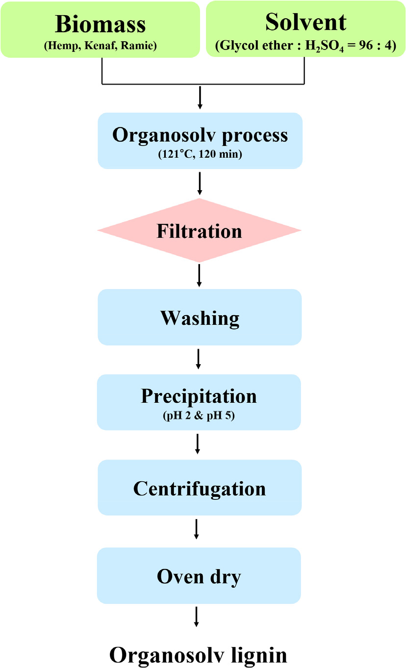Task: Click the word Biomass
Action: [x=100, y=23]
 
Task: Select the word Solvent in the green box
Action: [x=305, y=22]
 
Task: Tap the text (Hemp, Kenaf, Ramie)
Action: [x=100, y=47]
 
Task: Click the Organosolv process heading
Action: [x=200, y=135]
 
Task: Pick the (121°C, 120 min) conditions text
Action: [x=200, y=154]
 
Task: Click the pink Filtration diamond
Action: [x=199, y=231]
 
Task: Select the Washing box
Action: [x=200, y=318]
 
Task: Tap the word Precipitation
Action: [x=199, y=396]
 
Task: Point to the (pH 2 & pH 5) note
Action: [x=199, y=416]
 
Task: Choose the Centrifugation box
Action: [x=200, y=488]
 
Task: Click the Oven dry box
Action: [x=199, y=576]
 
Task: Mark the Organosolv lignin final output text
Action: [x=198, y=654]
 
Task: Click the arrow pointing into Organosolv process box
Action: [x=200, y=99]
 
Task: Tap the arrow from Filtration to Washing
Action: [x=199, y=275]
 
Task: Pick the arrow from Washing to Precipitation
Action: [x=198, y=359]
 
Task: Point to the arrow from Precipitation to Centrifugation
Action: [x=198, y=444]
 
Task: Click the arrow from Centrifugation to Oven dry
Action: [x=197, y=529]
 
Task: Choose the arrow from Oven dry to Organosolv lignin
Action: [x=197, y=617]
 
